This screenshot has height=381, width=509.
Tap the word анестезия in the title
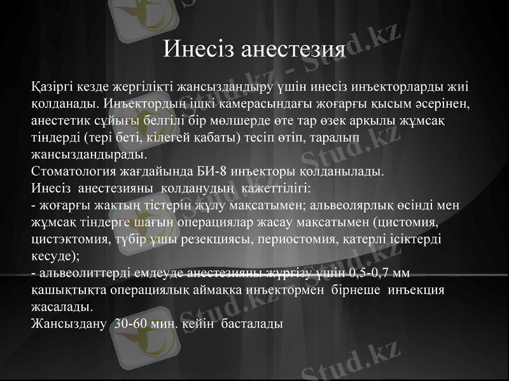click(292, 49)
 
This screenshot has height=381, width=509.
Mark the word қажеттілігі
click(275, 188)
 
